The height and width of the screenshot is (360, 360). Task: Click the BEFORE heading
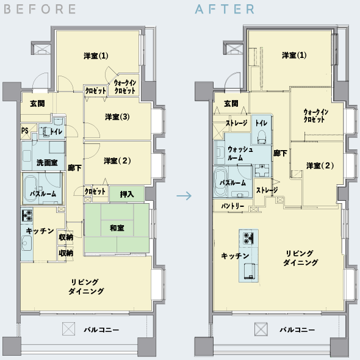40,9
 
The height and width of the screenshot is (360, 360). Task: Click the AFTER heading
225,9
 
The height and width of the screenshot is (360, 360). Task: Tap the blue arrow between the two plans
184,196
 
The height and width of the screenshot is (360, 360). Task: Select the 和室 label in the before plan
117,228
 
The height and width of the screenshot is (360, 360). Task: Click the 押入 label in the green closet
127,195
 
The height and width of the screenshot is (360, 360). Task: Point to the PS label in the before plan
25,131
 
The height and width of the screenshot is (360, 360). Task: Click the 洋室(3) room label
117,117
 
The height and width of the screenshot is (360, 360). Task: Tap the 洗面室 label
47,163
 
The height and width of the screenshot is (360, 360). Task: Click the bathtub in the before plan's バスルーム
31,189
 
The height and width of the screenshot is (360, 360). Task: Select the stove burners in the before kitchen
27,215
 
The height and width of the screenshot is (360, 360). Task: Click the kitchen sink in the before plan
27,243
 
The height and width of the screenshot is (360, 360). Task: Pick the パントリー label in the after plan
232,206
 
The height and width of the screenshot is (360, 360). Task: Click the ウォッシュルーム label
240,154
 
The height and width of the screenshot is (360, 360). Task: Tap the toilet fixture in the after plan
262,137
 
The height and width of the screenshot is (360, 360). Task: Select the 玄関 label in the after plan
231,104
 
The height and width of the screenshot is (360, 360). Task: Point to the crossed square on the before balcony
69,329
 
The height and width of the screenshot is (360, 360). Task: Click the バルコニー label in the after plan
297,330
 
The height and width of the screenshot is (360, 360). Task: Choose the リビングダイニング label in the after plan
300,258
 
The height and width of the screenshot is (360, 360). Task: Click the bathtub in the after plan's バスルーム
221,182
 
